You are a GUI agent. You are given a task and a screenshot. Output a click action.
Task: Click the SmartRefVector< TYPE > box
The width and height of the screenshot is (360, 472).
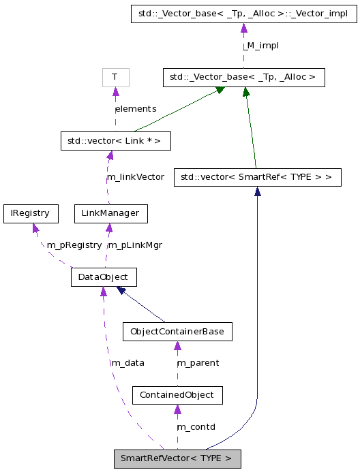click(177, 458)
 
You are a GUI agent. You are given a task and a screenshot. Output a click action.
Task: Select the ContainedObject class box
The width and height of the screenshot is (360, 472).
click(177, 395)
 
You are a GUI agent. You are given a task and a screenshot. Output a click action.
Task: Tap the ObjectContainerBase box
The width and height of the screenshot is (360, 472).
click(177, 332)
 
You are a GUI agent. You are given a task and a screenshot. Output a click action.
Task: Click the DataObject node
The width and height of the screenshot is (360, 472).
click(104, 277)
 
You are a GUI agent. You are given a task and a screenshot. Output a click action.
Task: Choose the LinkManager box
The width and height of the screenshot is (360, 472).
click(110, 213)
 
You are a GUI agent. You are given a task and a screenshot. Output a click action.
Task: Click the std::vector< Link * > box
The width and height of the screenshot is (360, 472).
click(115, 141)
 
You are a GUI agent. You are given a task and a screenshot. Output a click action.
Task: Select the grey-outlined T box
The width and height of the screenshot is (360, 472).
click(115, 77)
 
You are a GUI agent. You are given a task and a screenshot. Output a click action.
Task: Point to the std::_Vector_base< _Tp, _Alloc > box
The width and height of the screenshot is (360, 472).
click(243, 77)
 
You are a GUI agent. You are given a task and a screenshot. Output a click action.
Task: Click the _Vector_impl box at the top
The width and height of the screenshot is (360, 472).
click(243, 14)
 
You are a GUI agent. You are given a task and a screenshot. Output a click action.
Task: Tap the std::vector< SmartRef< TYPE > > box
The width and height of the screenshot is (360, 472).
click(257, 177)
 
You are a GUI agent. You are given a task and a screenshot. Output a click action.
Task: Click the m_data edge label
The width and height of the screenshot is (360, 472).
click(127, 363)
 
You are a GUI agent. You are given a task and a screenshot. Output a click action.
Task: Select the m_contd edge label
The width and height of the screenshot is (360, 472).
click(196, 427)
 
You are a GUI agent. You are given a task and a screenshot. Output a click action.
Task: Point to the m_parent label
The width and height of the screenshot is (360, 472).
click(198, 363)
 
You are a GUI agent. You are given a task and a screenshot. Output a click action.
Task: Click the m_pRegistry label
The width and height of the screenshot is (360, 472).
click(74, 245)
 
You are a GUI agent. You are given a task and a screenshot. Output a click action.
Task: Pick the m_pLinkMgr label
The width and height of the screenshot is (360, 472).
click(136, 245)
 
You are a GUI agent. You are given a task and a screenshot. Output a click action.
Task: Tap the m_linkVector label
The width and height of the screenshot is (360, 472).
click(136, 177)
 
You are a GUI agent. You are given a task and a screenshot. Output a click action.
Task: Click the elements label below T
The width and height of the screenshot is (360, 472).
click(136, 109)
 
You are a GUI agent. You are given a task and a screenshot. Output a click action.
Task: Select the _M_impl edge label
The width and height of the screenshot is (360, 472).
click(262, 46)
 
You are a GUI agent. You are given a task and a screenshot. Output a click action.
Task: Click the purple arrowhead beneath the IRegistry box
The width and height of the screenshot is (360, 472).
click(35, 228)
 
